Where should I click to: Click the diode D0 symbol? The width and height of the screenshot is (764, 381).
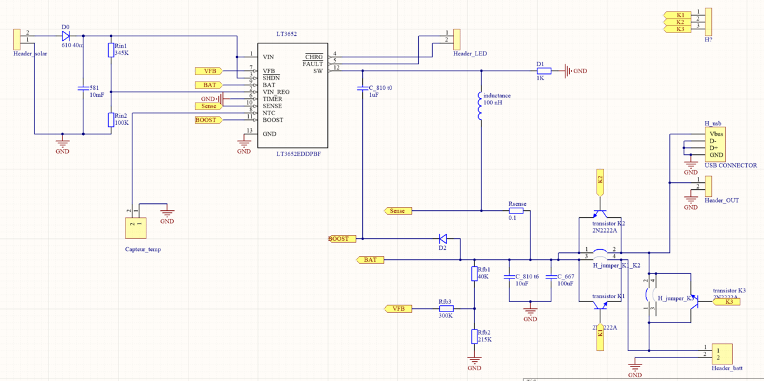click(x=66, y=36)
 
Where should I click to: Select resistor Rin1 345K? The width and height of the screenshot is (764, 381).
click(x=111, y=50)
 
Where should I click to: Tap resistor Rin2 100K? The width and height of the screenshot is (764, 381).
click(x=111, y=120)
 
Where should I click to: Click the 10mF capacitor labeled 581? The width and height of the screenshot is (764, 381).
click(x=83, y=88)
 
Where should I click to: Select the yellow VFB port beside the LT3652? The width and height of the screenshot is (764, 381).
click(x=209, y=71)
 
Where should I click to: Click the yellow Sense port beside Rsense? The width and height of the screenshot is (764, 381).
click(x=399, y=211)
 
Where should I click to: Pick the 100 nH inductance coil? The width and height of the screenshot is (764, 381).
click(x=479, y=106)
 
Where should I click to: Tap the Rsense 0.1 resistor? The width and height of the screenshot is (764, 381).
click(x=516, y=210)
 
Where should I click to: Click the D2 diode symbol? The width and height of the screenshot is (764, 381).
click(x=443, y=239)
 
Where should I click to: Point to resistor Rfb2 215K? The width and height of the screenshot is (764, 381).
click(x=474, y=336)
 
